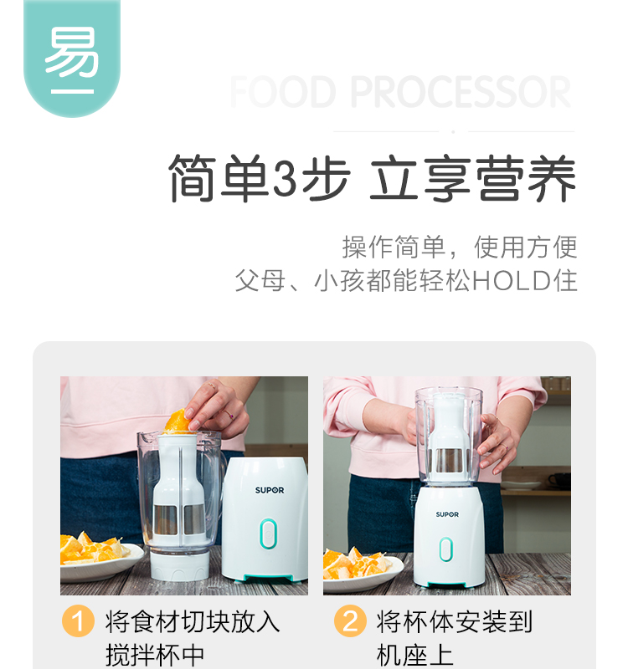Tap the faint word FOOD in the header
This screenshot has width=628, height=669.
pyautogui.click(x=283, y=92)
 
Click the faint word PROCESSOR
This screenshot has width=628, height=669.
pyautogui.click(x=461, y=92)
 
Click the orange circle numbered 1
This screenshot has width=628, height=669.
pyautogui.click(x=78, y=620)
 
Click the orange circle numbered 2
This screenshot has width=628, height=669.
pyautogui.click(x=350, y=620)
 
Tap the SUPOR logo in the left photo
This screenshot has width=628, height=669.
pyautogui.click(x=270, y=490)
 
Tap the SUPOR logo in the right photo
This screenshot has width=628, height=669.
pyautogui.click(x=447, y=514)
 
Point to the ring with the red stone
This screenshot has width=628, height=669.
pyautogui.click(x=229, y=413)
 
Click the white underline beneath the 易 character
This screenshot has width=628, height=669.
pyautogui.click(x=72, y=91)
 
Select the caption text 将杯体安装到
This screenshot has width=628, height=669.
pyautogui.click(x=455, y=621)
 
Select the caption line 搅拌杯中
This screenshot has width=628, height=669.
pyautogui.click(x=155, y=656)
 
